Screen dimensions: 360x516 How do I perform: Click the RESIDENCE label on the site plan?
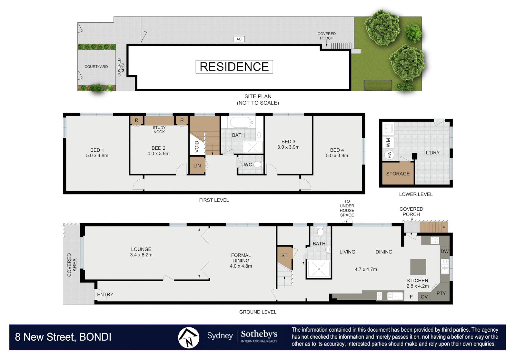tap(234, 67)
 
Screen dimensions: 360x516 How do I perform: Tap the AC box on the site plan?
tap(239, 39)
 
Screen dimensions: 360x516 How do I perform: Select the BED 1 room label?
tap(97, 150)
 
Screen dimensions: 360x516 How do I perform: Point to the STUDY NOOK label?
tap(159, 130)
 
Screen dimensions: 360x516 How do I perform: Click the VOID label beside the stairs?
tap(197, 147)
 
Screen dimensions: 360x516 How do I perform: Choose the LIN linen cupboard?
tap(197, 166)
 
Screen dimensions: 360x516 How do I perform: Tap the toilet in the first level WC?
tap(258, 165)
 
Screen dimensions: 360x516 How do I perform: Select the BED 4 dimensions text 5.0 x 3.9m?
tap(337, 156)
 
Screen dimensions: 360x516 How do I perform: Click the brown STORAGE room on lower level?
tap(398, 174)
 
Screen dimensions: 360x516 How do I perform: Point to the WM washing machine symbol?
tap(388, 143)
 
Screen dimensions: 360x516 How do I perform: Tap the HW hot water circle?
tap(389, 155)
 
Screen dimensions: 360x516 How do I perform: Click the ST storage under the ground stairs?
tap(284, 256)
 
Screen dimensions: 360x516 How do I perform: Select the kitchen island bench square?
tap(418, 267)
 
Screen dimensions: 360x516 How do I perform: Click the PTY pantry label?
tap(441, 293)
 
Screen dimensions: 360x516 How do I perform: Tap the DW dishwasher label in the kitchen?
tap(444, 251)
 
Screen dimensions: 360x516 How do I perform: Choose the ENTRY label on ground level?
tap(105, 294)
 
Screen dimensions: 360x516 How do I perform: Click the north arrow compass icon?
tap(189, 337)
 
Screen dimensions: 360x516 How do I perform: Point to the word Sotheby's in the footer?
tap(259, 334)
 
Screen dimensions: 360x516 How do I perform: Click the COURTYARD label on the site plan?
tap(96, 67)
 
